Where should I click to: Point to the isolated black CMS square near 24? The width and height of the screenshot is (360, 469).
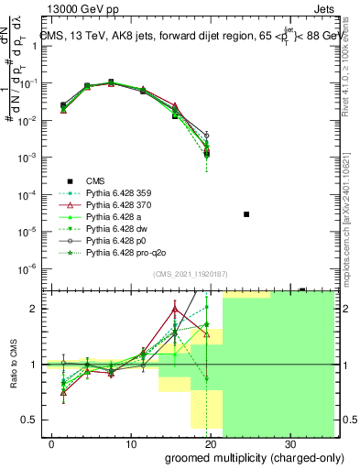[246, 214]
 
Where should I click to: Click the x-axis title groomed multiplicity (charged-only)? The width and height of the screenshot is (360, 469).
[244, 456]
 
